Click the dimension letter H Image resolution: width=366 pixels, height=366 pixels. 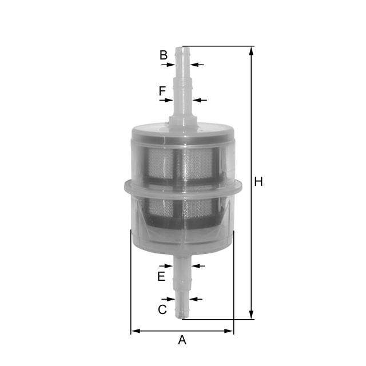click(x=258, y=182)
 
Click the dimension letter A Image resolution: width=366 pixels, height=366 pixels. click(x=182, y=340)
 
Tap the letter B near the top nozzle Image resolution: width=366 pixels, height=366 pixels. click(x=164, y=55)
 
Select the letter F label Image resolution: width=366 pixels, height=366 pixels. click(x=162, y=91)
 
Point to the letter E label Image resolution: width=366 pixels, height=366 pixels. click(x=161, y=277)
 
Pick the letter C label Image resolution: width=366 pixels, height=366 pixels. click(x=162, y=309)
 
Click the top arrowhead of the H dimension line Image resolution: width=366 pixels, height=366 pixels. click(x=252, y=50)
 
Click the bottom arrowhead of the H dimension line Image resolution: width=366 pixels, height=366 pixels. click(x=252, y=315)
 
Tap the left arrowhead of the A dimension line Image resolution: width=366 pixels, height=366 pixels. click(x=135, y=331)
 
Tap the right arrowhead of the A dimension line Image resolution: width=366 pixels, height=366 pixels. click(x=230, y=331)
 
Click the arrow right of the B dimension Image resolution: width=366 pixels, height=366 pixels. click(x=196, y=65)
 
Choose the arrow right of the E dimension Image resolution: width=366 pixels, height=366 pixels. click(x=198, y=265)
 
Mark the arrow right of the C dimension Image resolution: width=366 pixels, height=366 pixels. click(x=196, y=299)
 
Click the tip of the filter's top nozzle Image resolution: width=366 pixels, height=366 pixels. click(x=182, y=48)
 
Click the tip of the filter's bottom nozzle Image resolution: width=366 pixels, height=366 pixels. click(x=182, y=317)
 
